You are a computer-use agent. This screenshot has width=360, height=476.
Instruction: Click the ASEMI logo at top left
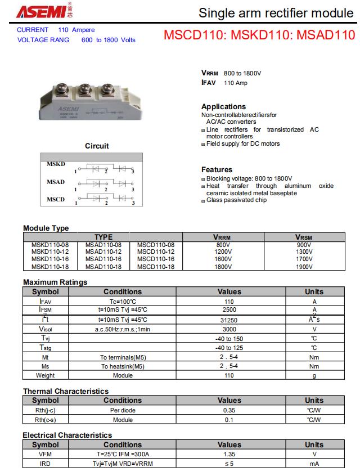[x=40, y=12]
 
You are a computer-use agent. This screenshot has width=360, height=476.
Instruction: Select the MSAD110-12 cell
[x=103, y=252]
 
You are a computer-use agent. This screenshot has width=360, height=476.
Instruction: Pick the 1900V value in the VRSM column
[x=304, y=267]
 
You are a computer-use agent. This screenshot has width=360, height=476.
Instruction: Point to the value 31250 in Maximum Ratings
[x=229, y=320]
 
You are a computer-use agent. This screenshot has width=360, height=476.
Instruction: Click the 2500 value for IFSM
[x=229, y=309]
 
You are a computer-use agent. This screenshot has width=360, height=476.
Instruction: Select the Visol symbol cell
[x=46, y=329]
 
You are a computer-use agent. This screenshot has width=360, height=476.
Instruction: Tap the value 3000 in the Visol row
[x=229, y=329]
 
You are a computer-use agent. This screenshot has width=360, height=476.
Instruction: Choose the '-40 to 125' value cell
[x=229, y=348]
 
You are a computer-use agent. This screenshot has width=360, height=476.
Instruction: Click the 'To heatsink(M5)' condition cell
[x=123, y=366]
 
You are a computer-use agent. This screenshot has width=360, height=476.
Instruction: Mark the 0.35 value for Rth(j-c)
[x=229, y=410]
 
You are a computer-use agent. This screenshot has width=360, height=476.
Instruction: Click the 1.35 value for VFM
[x=229, y=454]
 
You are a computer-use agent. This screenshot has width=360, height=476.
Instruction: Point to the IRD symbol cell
[x=46, y=464]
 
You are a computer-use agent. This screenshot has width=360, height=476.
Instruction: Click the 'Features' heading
[x=217, y=169]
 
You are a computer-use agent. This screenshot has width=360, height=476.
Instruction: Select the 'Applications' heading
[x=223, y=106]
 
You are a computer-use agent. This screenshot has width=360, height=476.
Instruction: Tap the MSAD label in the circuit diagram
[x=56, y=182]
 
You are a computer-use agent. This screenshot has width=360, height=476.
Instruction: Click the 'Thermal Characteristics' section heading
[x=66, y=391]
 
